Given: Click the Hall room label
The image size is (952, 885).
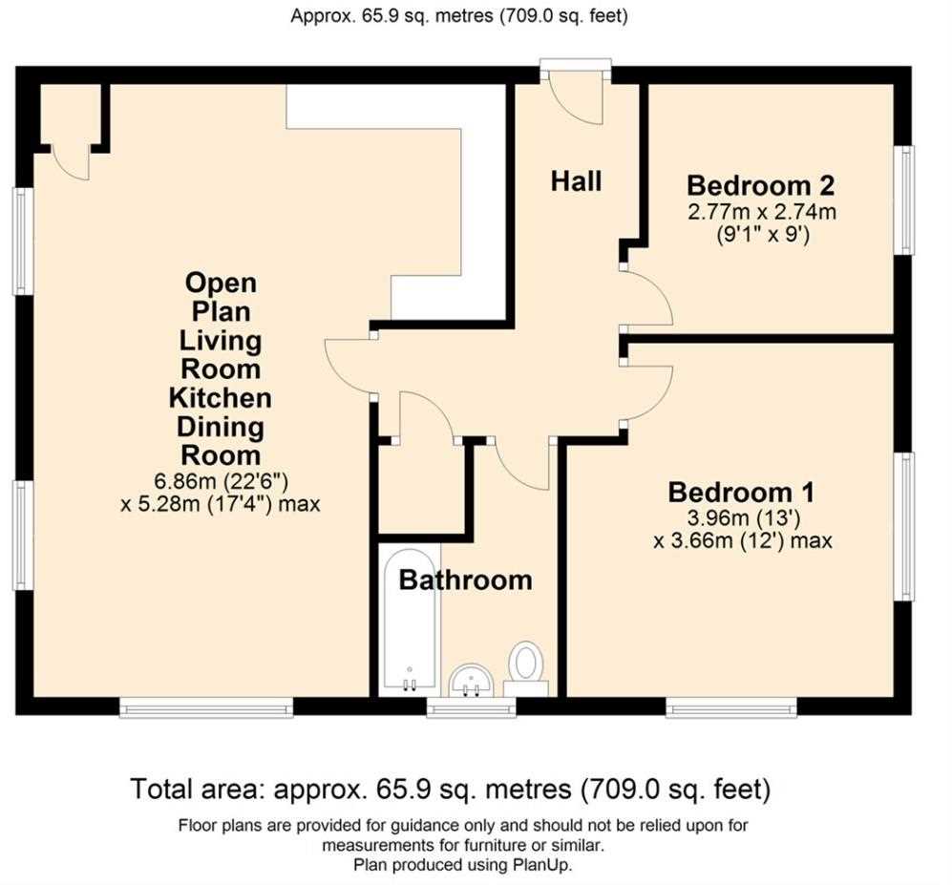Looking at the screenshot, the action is [576, 181].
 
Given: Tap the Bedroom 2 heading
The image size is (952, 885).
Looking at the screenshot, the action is [761, 185].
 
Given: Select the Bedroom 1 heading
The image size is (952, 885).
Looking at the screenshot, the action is [741, 493].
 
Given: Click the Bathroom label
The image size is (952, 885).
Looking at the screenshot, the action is [466, 580].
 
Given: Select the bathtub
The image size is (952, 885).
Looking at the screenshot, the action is [410, 619].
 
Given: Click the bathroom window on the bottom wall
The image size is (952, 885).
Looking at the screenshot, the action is [471, 707].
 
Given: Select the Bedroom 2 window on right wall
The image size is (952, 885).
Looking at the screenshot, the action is [904, 200].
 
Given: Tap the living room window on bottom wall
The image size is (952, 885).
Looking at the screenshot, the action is [206, 707].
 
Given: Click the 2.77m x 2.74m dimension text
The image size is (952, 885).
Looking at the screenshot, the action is [762, 213].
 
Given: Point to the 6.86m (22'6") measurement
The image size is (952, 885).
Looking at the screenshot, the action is [221, 481].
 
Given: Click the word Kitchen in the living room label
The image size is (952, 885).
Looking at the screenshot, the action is [221, 398].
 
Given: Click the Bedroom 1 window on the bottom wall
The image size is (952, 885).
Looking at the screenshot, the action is [731, 707].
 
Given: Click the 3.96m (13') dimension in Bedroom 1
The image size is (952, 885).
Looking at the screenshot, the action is [743, 519].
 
